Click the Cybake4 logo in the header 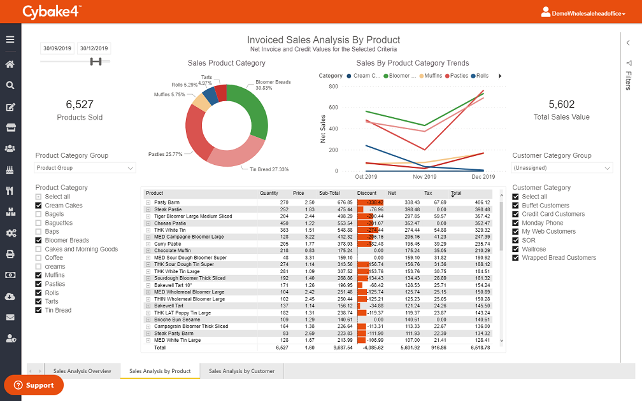(52, 11)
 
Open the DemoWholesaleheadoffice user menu (583, 12)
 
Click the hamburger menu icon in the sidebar (10, 39)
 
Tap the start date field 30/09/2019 (57, 48)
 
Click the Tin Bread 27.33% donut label (268, 169)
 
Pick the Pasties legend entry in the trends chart (458, 76)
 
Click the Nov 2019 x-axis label (424, 177)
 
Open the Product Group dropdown (85, 168)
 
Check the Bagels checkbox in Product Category (39, 215)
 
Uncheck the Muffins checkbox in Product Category (39, 276)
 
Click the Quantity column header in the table (269, 193)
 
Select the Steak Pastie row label (168, 209)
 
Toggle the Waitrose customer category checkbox (516, 250)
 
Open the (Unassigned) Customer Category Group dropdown (562, 168)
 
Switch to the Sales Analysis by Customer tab (241, 371)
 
